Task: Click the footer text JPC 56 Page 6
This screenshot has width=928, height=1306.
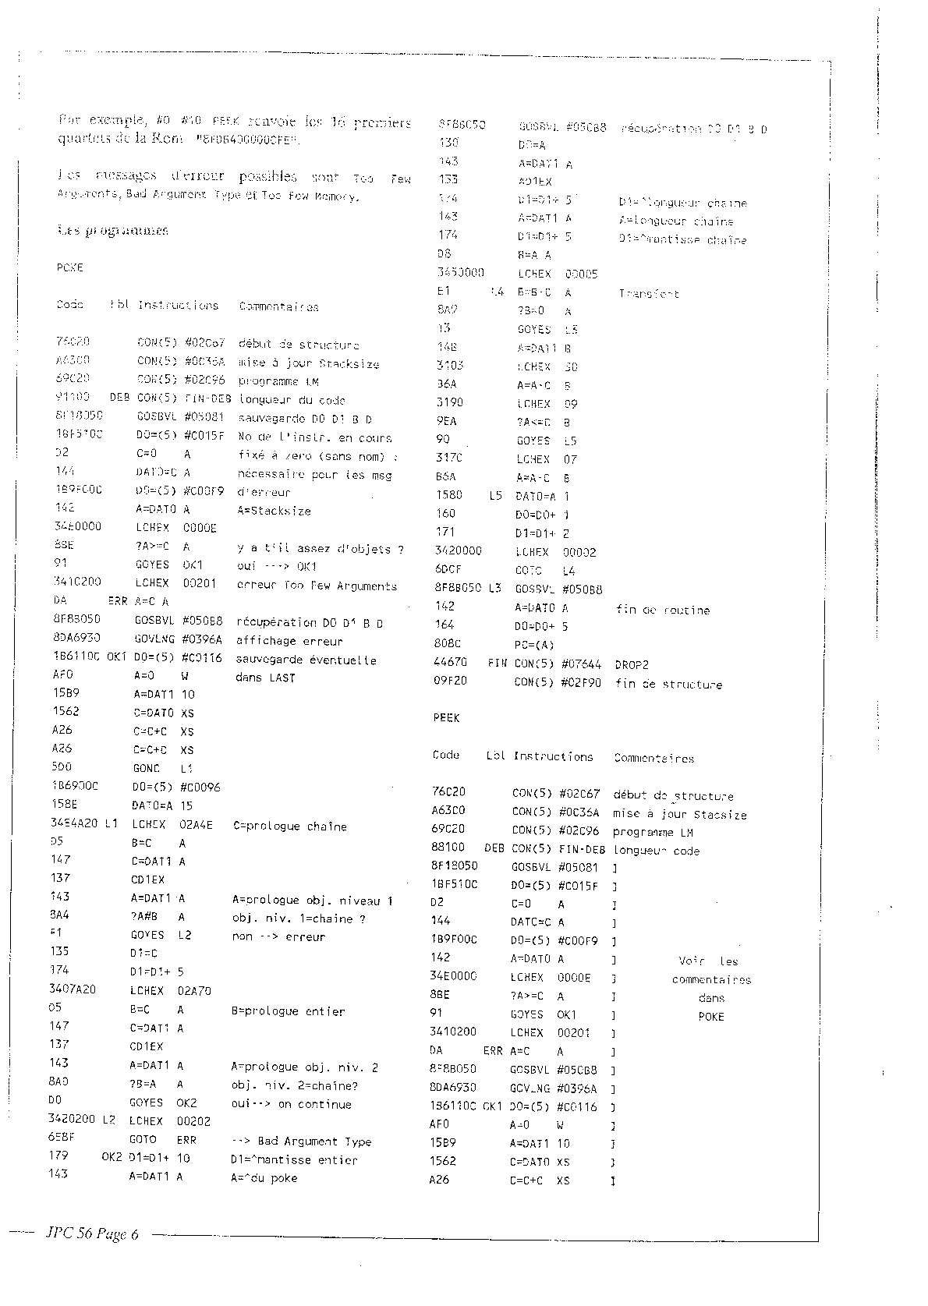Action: [92, 1233]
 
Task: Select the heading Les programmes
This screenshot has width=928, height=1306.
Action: [112, 231]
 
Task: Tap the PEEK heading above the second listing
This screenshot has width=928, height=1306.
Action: [446, 717]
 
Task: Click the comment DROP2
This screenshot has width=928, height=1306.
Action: [632, 665]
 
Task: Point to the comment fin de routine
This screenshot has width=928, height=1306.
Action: [663, 610]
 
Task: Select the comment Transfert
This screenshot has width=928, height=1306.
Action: [649, 294]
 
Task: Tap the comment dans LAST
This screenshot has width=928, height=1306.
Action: [265, 678]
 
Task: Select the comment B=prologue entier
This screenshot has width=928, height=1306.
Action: [288, 1011]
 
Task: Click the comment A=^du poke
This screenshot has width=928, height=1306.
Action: [264, 1178]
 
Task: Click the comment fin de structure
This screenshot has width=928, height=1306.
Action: [668, 685]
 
